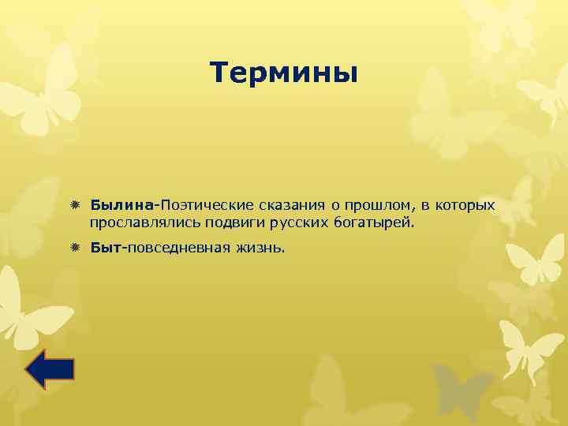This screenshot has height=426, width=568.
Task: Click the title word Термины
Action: (x=284, y=73)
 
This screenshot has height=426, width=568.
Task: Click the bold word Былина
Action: (x=121, y=206)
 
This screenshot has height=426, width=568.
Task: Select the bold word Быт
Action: (x=104, y=248)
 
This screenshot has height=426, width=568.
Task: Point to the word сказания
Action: (x=290, y=206)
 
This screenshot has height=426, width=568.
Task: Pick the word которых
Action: (x=465, y=206)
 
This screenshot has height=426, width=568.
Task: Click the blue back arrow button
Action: (x=49, y=369)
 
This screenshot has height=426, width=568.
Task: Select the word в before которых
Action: (x=424, y=207)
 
